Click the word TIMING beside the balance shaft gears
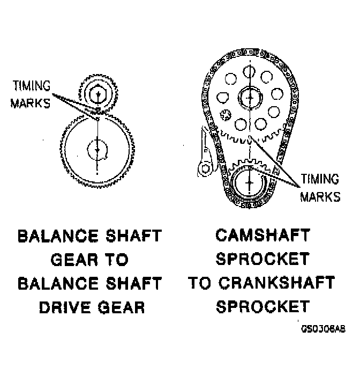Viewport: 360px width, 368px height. [31, 86]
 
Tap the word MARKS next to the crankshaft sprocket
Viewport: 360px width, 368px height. [320, 196]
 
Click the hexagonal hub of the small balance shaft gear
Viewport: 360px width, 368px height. [97, 95]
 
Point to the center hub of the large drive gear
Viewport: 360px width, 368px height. [97, 149]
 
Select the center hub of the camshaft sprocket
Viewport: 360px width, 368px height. [249, 98]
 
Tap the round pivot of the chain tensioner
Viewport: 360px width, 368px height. [205, 169]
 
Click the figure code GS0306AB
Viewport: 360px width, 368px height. [323, 329]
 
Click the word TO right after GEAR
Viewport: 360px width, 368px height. [117, 260]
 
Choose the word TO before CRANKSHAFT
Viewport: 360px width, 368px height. [200, 283]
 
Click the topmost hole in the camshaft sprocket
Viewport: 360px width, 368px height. [249, 70]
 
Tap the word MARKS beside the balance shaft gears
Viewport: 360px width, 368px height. [31, 103]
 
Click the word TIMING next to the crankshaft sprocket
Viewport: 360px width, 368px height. [320, 179]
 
